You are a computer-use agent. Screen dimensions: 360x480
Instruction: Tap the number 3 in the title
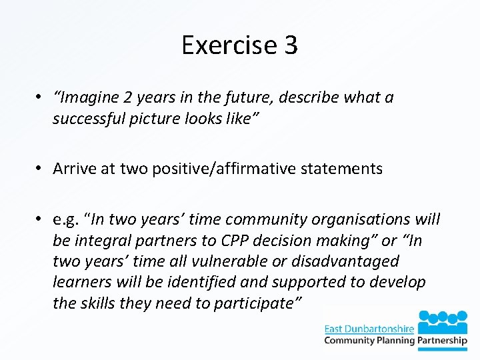pos(290,45)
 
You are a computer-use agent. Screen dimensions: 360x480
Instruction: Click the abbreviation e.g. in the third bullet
pos(69,219)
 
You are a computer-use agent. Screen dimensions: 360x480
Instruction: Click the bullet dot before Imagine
pos(41,98)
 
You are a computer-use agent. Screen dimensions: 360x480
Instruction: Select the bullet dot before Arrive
pos(41,169)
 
